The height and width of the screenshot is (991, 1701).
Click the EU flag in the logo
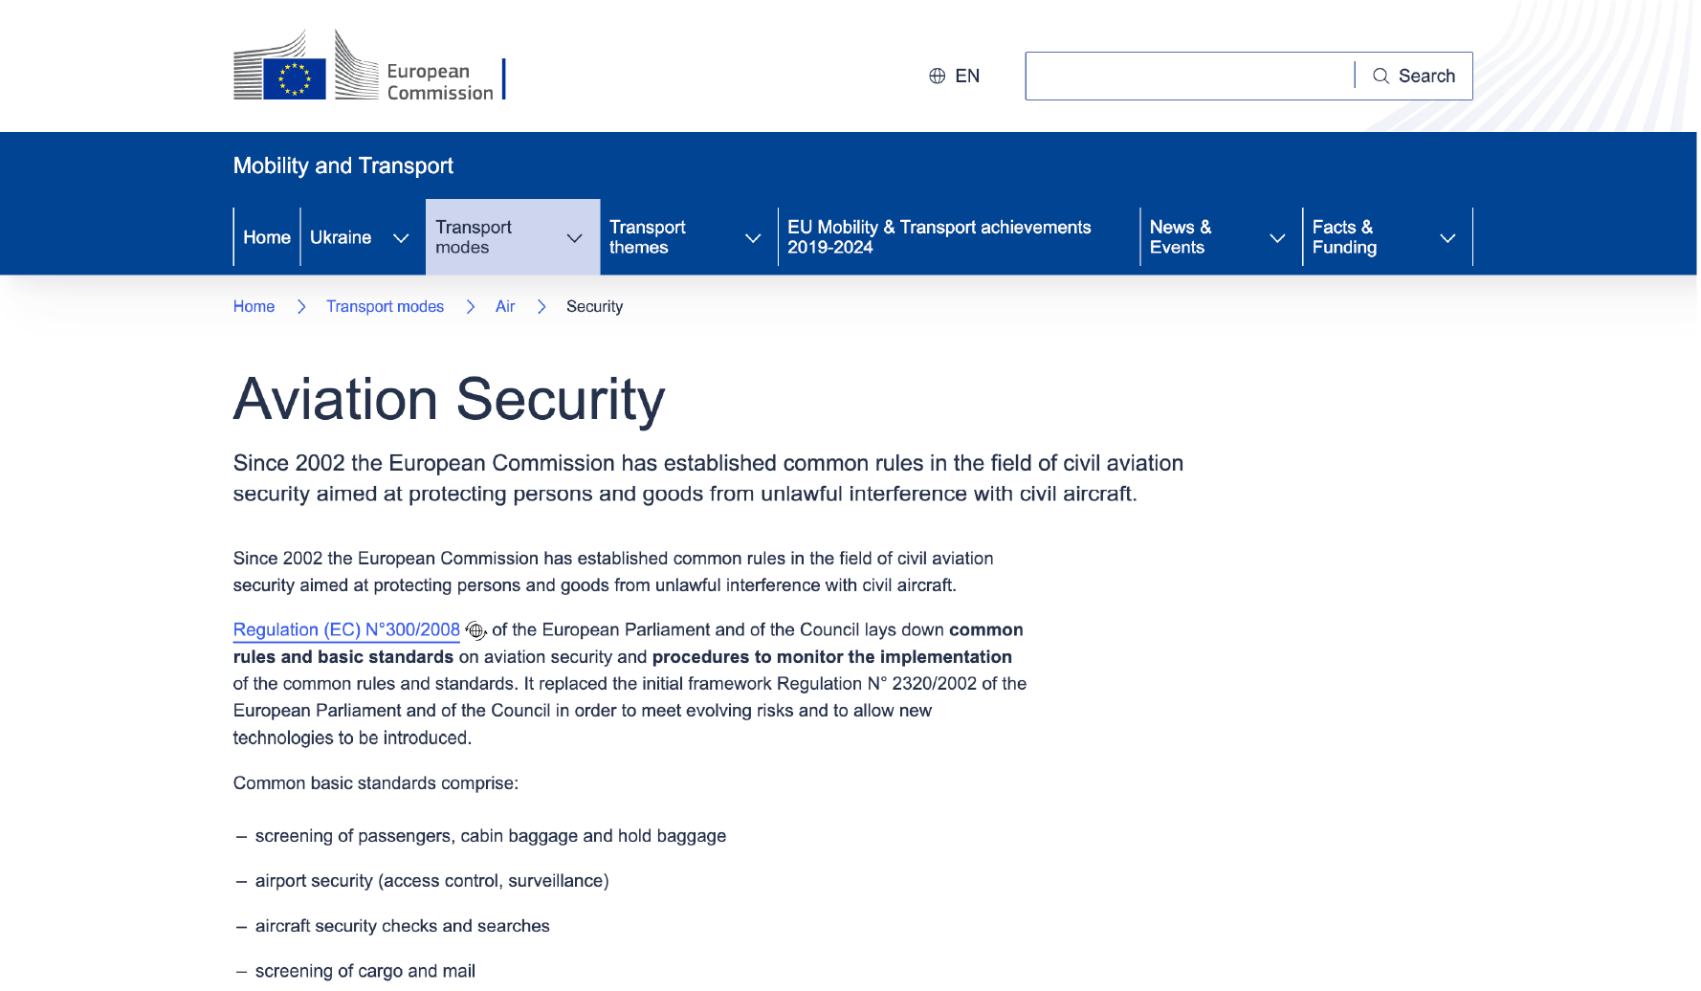[x=295, y=78]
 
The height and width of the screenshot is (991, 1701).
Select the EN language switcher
[x=955, y=76]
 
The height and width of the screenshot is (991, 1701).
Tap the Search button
[x=1414, y=76]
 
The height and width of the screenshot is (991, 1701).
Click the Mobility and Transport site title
[x=342, y=165]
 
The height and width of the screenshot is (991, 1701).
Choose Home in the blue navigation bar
[x=267, y=237]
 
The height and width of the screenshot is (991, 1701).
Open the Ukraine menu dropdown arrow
[x=401, y=238]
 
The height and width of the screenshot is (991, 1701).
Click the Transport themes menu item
[x=648, y=237]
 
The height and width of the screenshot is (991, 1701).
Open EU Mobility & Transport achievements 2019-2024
[x=939, y=237]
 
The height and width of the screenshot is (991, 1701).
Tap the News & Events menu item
[x=1181, y=237]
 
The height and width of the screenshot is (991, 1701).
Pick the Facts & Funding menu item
[x=1344, y=237]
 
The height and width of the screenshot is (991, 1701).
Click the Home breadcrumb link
[x=254, y=306]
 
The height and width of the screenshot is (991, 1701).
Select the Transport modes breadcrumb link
[x=385, y=306]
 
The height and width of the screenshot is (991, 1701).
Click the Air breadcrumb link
[x=505, y=306]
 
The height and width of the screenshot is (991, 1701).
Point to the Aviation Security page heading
[x=449, y=399]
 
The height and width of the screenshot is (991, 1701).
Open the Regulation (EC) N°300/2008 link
[x=346, y=629]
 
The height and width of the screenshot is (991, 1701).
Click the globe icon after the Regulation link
[x=475, y=630]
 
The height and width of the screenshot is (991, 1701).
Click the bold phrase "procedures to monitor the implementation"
[x=831, y=657]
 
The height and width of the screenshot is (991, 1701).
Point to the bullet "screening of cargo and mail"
[x=364, y=971]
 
